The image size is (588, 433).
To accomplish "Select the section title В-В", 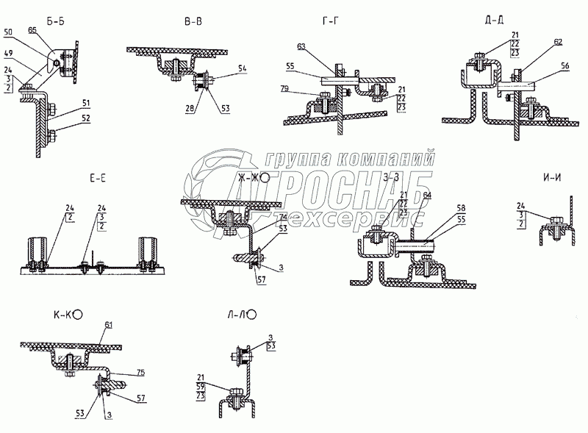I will coord(193,22).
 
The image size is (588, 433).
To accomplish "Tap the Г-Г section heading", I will coord(331,22).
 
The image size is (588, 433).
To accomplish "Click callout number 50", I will coord(7,33).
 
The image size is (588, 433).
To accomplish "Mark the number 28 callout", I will coord(190,109).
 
